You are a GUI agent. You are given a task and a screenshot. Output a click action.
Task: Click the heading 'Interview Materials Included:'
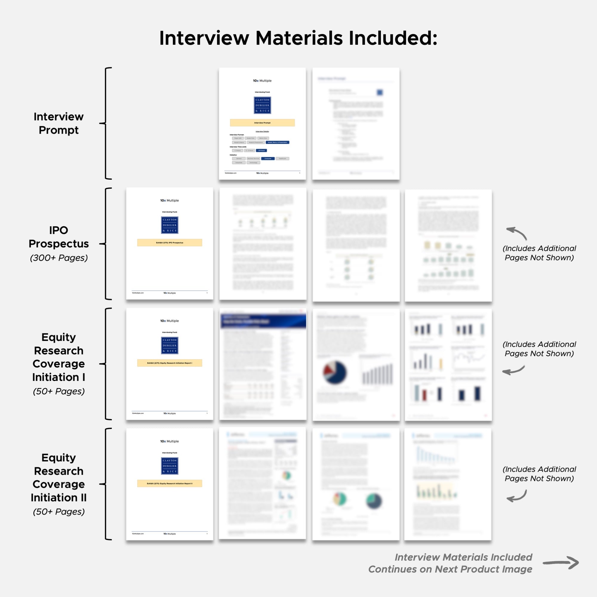click(x=298, y=38)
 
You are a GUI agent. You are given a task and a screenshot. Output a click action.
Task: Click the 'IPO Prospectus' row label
click(x=59, y=237)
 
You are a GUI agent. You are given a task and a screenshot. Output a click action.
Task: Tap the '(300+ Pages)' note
click(x=59, y=258)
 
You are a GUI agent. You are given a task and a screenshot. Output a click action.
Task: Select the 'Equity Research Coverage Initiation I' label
click(x=59, y=357)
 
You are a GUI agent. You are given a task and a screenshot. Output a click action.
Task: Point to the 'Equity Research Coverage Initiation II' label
click(x=59, y=477)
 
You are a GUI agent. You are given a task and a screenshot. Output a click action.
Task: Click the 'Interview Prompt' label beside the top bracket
click(x=59, y=123)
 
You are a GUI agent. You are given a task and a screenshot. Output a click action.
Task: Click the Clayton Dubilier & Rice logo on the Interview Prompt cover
click(x=262, y=105)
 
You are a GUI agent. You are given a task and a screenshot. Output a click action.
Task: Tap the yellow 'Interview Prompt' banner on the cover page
click(x=262, y=123)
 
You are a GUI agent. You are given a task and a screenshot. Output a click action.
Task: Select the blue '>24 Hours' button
click(x=261, y=150)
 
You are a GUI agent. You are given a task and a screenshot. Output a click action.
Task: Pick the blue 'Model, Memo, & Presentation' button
click(x=277, y=142)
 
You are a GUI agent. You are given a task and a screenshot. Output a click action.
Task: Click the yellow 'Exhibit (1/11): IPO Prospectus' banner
click(x=170, y=243)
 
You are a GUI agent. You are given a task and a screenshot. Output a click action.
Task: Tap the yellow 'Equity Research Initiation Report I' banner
click(x=170, y=363)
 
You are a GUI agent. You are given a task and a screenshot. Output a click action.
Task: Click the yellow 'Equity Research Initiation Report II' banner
click(x=170, y=484)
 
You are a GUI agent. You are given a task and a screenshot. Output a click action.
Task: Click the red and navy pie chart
click(x=335, y=372)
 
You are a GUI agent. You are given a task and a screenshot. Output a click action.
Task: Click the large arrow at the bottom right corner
click(x=561, y=563)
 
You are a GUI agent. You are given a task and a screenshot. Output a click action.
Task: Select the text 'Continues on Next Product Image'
click(x=450, y=569)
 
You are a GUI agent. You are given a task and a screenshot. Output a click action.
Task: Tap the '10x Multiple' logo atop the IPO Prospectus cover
click(x=169, y=201)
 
